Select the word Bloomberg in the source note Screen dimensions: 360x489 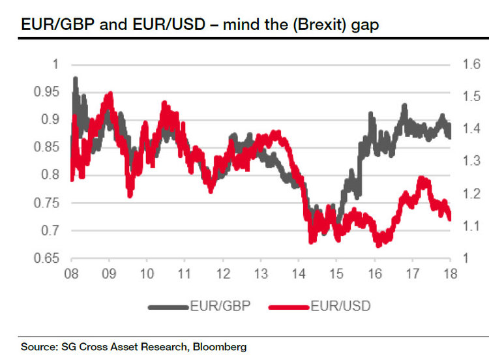pyautogui.click(x=222, y=347)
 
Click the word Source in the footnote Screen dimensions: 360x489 pyautogui.click(x=38, y=347)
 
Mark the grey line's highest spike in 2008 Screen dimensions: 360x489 pyautogui.click(x=76, y=79)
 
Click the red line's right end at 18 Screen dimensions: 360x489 pyautogui.click(x=449, y=218)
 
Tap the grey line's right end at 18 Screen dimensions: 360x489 pyautogui.click(x=449, y=135)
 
